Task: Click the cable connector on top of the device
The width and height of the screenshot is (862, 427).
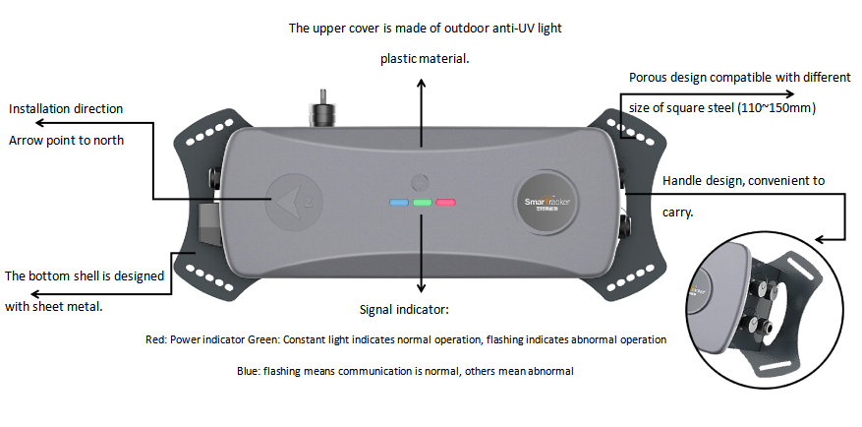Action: pyautogui.click(x=319, y=106)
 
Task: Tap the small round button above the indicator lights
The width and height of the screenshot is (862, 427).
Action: pyautogui.click(x=422, y=181)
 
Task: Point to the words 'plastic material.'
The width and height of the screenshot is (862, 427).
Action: pyautogui.click(x=425, y=59)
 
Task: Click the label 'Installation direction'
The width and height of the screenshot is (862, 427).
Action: pyautogui.click(x=66, y=109)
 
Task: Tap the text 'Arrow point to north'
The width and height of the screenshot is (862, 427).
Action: pyautogui.click(x=67, y=141)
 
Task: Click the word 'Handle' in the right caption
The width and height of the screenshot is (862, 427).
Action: pyautogui.click(x=684, y=181)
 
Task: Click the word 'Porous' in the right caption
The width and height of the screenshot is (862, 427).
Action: pyautogui.click(x=651, y=78)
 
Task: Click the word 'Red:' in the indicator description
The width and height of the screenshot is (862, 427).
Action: pyautogui.click(x=155, y=339)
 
